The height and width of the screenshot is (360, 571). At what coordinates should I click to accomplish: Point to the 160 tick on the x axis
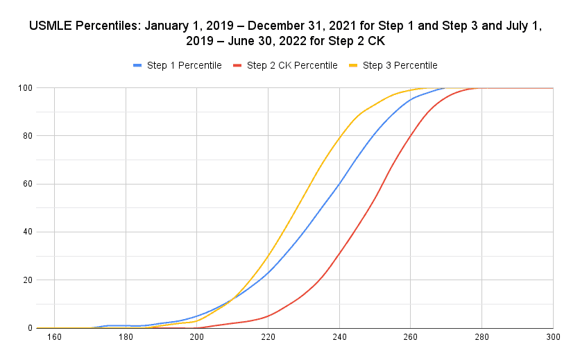(x=55, y=338)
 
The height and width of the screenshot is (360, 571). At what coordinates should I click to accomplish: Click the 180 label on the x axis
(x=126, y=338)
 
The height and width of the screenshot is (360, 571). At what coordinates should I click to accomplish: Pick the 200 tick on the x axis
(x=196, y=338)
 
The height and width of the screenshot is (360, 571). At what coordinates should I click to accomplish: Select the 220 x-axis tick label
(x=268, y=338)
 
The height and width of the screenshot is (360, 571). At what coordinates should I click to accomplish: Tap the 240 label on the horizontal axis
(x=339, y=338)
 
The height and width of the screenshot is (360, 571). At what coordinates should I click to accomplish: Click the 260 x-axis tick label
(x=410, y=338)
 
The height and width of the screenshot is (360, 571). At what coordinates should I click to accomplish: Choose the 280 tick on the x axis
(x=481, y=338)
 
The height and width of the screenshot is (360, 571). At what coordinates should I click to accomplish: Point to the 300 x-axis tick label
(x=552, y=338)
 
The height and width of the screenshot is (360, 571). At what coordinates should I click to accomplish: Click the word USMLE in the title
(x=53, y=27)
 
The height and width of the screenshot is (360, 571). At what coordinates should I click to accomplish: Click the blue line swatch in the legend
(x=137, y=65)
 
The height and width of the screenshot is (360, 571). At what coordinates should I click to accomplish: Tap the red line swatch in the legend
(x=237, y=65)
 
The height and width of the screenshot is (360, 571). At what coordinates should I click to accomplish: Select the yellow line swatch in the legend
(x=353, y=65)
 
